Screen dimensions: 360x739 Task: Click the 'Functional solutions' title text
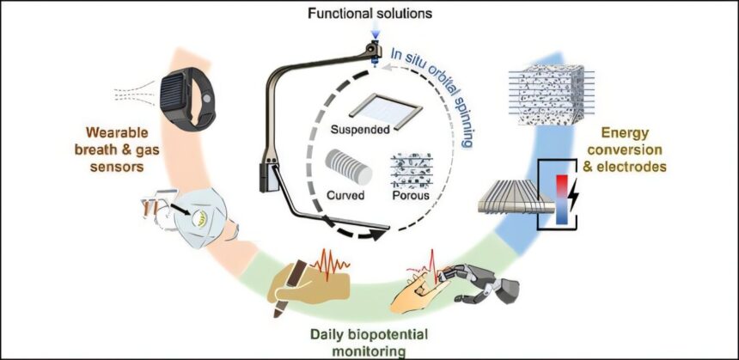(x=374, y=13)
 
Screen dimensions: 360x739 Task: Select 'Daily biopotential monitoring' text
(x=371, y=340)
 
